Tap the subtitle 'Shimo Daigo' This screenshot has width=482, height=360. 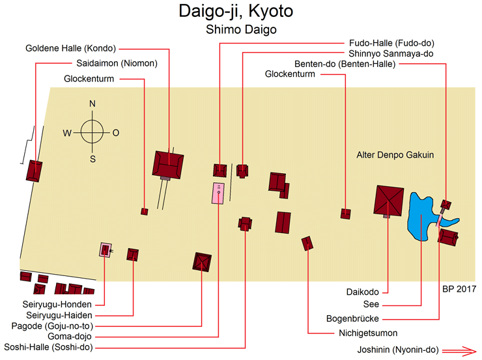[x=240, y=30]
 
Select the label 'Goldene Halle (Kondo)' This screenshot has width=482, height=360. [x=70, y=48]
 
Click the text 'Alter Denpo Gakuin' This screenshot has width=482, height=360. [x=395, y=155]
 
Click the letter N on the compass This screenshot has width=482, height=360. [x=92, y=104]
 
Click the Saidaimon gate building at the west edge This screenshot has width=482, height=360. [x=34, y=171]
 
